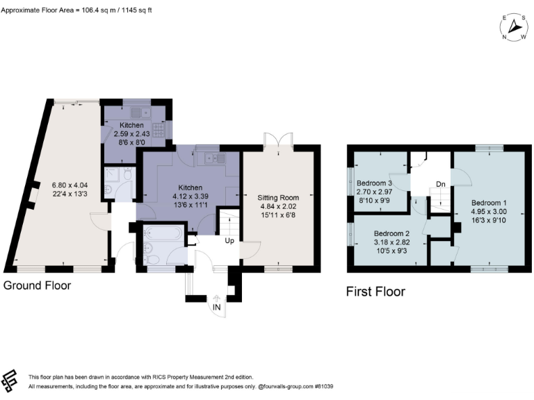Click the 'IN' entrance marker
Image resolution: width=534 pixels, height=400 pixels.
[218, 306]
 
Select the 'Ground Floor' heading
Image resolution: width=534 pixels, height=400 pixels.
[37, 285]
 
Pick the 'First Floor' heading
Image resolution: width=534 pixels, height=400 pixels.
[375, 292]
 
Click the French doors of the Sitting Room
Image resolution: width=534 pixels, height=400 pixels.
[278, 140]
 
